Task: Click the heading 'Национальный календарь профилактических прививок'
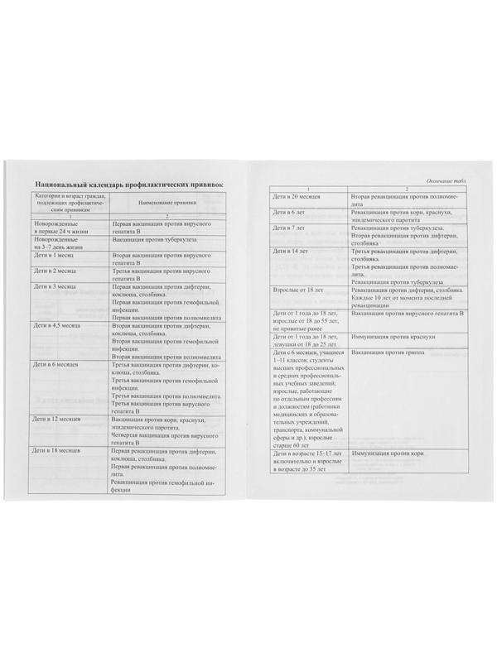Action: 125,182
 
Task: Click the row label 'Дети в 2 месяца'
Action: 56,271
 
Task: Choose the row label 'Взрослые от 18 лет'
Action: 299,290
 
